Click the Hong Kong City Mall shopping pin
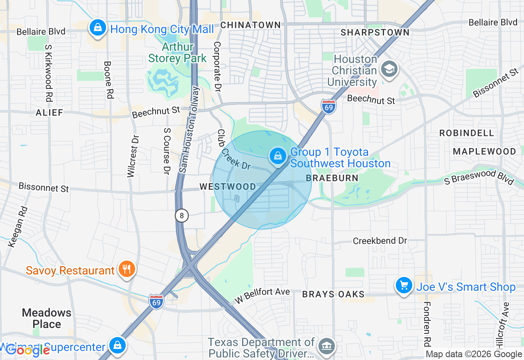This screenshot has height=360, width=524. tap(97, 28)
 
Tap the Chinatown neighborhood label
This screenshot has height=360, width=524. tap(251, 25)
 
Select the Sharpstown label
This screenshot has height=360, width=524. tap(375, 32)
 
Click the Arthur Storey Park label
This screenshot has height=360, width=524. tap(178, 52)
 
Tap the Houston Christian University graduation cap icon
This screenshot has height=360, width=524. tap(388, 69)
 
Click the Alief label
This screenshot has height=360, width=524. tap(50, 112)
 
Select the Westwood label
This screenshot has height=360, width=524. tap(228, 187)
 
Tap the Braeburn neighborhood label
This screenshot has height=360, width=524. tap(332, 178)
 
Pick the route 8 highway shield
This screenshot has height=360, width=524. tap(182, 215)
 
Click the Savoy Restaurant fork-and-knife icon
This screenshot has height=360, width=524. tap(127, 269)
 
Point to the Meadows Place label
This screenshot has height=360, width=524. tap(47, 318)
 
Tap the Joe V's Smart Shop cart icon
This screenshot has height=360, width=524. tap(404, 286)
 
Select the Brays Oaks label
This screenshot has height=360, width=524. tap(333, 294)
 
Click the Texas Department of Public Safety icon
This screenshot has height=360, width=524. tap(327, 346)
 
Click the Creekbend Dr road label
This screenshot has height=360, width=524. tap(380, 241)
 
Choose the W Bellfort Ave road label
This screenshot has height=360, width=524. tap(262, 296)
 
